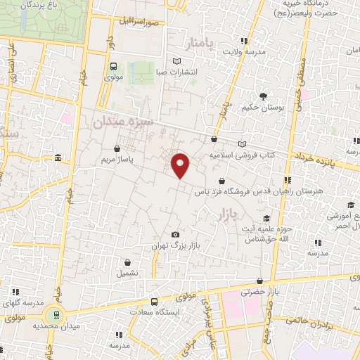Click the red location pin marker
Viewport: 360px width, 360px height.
[x=181, y=165]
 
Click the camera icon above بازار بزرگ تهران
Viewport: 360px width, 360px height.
[x=175, y=234]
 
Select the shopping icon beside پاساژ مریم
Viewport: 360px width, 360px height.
[x=117, y=148]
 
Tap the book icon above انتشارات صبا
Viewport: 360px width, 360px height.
[x=176, y=60]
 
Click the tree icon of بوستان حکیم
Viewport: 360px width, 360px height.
[x=264, y=96]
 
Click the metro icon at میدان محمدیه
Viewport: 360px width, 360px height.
[x=52, y=314]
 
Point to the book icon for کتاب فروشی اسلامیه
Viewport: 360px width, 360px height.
[x=243, y=144]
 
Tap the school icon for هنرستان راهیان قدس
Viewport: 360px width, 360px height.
[x=287, y=180]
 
